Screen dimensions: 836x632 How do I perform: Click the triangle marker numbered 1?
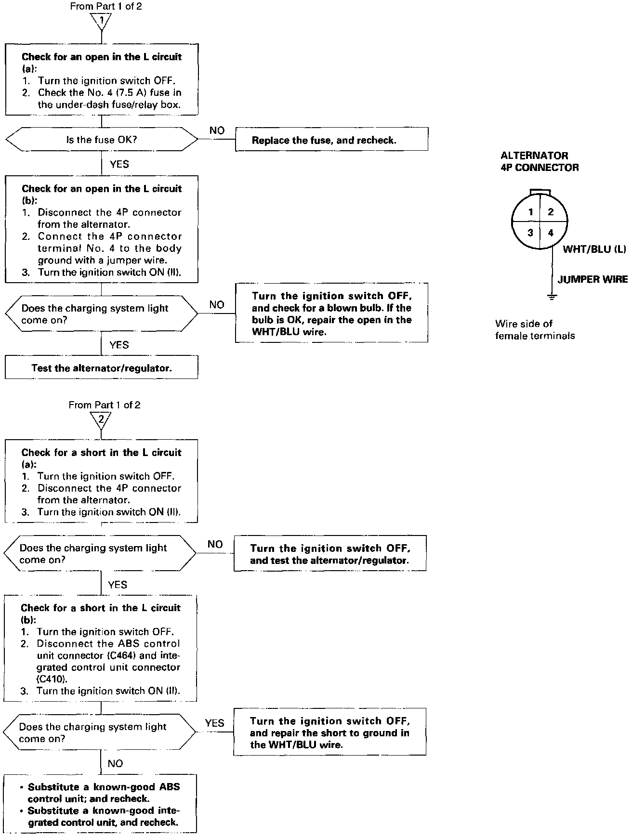coord(102,21)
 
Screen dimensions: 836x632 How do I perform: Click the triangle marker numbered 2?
coord(101,420)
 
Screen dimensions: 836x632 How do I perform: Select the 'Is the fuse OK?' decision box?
coord(101,140)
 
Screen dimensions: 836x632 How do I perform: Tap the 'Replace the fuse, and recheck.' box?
coord(331,140)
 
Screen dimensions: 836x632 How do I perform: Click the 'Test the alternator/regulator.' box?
coord(101,368)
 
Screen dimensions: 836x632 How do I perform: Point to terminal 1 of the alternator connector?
coord(530,212)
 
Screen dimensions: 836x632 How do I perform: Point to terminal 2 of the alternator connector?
coord(551,212)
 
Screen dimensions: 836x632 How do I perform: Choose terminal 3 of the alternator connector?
coord(530,233)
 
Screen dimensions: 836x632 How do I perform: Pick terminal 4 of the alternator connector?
coord(551,233)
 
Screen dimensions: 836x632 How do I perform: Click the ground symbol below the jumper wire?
coord(552,297)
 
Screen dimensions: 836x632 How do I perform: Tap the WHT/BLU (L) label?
coord(594,249)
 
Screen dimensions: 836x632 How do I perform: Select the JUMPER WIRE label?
coord(592,279)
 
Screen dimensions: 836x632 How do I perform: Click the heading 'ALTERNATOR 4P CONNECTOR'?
coord(540,162)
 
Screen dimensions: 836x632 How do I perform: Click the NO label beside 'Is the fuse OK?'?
coord(217,131)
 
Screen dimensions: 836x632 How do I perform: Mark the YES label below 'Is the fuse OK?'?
coord(119,164)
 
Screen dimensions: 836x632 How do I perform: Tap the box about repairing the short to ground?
coord(330,732)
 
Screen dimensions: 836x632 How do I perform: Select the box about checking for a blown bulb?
coord(331,313)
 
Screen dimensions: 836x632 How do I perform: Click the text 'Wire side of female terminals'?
coord(535,330)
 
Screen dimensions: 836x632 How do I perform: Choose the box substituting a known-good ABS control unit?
coord(100,805)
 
